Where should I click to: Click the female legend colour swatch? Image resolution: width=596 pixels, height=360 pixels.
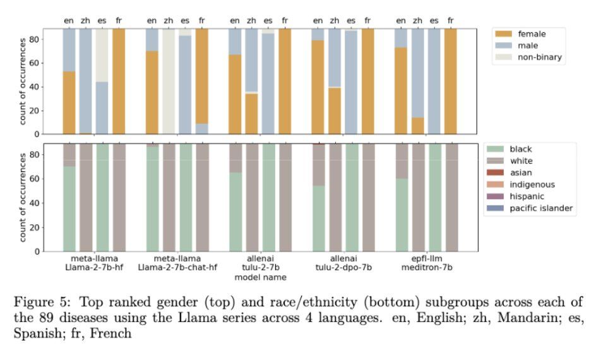point(504,34)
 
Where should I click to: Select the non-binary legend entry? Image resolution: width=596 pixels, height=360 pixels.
point(540,57)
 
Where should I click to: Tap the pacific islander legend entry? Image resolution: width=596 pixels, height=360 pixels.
point(542,208)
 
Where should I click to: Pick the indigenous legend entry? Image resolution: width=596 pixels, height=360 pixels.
point(532,184)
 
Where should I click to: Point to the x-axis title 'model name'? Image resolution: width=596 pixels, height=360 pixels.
point(259,277)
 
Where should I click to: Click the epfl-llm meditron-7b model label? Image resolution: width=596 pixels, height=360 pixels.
point(426,263)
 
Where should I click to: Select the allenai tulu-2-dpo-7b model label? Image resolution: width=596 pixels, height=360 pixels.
point(343,263)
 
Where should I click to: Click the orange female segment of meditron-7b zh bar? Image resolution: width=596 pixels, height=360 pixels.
point(417,126)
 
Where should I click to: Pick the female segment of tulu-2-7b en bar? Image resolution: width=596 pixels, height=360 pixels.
point(235,94)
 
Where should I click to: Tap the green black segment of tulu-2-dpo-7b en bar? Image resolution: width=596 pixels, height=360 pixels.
point(318,218)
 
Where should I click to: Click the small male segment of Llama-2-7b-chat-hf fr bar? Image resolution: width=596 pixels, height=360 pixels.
point(201,128)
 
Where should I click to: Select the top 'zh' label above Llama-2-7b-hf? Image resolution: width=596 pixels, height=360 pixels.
point(86,20)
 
